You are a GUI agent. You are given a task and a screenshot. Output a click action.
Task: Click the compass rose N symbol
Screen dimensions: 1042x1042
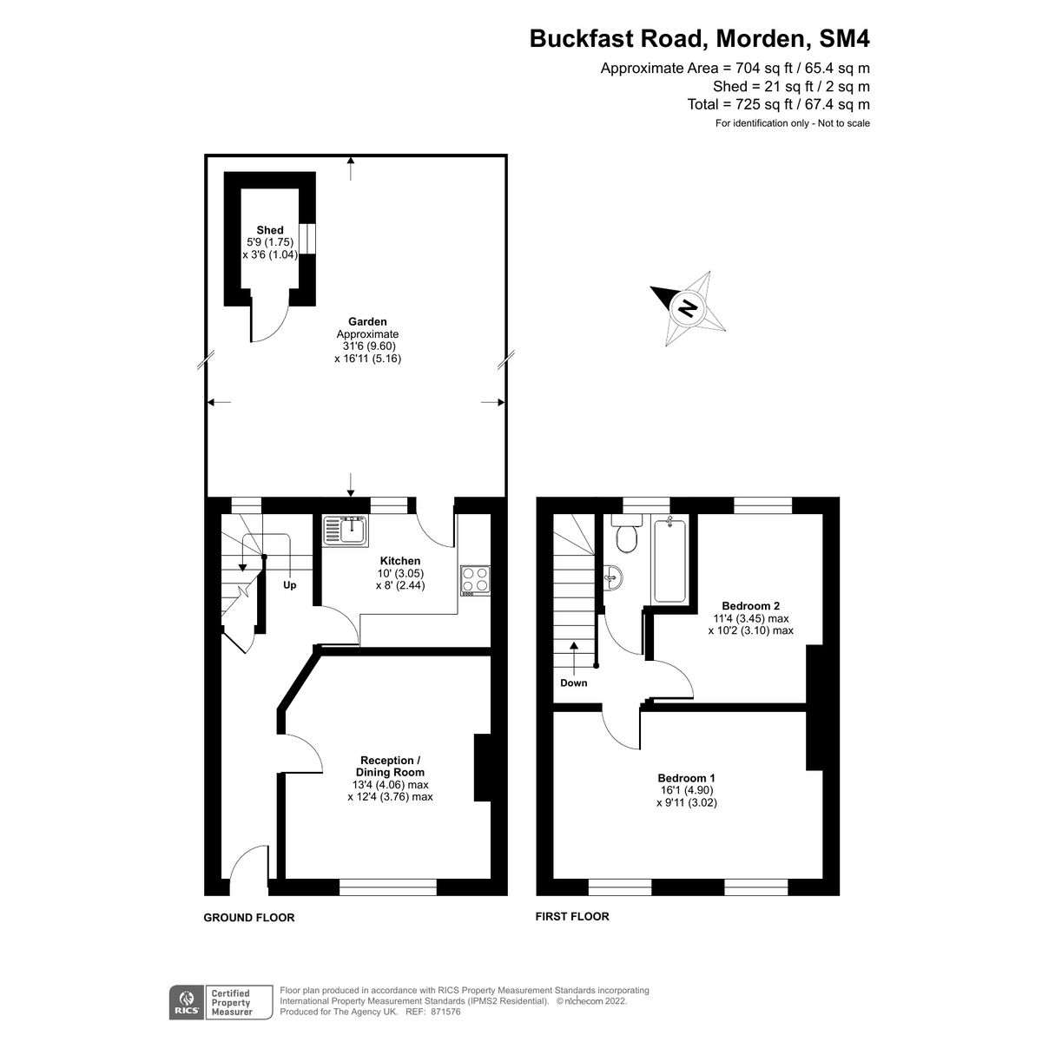click(x=688, y=308)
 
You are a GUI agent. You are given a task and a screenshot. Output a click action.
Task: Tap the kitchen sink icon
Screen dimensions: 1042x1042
click(x=346, y=529)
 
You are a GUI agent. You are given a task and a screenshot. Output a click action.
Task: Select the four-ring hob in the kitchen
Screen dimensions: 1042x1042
click(x=475, y=579)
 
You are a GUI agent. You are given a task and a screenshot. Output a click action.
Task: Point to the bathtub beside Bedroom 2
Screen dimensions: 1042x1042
click(x=669, y=558)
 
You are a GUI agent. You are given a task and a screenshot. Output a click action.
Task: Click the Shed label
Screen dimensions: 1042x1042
click(x=270, y=230)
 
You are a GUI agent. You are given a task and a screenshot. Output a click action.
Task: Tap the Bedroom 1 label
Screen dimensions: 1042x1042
click(x=686, y=778)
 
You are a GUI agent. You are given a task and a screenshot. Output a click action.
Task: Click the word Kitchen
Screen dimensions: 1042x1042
click(x=399, y=561)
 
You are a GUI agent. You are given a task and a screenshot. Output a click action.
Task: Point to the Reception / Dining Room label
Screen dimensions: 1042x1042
click(x=390, y=766)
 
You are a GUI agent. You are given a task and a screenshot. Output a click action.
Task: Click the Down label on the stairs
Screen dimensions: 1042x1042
click(x=573, y=683)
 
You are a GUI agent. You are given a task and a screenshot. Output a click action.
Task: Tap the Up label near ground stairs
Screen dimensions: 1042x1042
click(x=290, y=585)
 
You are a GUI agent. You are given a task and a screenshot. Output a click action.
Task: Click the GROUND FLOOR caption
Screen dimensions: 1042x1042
click(x=249, y=917)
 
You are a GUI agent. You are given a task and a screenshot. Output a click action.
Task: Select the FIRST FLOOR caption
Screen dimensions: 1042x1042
click(x=572, y=916)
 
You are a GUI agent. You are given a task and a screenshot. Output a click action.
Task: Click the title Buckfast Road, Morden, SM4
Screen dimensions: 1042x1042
click(x=699, y=39)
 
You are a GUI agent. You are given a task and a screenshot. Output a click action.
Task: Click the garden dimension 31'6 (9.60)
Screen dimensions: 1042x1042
click(x=368, y=346)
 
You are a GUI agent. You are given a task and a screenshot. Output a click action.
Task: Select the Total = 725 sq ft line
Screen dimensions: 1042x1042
click(x=778, y=104)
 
